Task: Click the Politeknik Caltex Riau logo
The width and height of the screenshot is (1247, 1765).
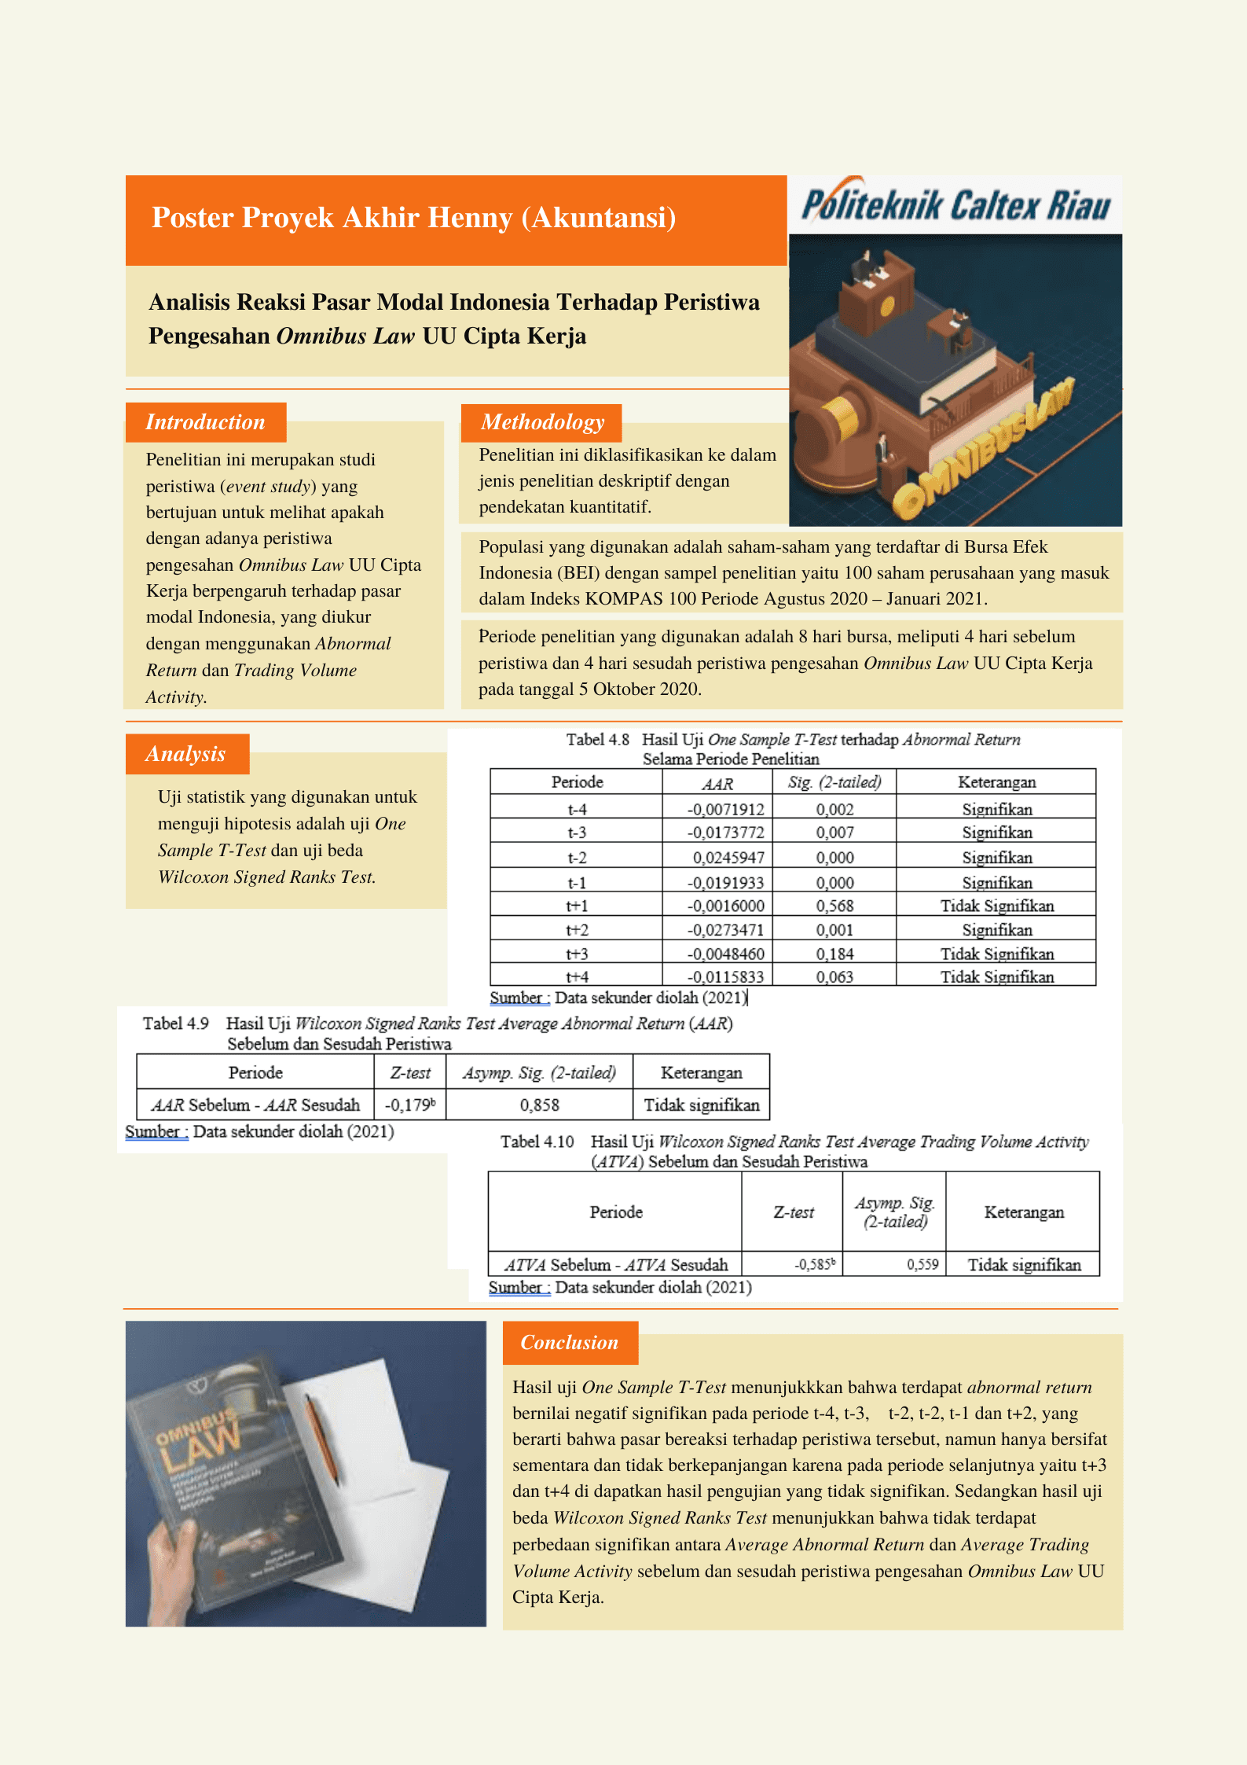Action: coord(955,205)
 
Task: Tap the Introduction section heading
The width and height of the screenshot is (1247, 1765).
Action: coord(205,422)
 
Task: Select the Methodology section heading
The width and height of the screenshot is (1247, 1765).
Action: coord(542,422)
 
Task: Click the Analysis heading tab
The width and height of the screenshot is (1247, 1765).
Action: coord(186,754)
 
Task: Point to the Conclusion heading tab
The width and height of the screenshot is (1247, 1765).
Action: coord(570,1342)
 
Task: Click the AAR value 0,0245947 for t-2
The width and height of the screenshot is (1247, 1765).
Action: coord(728,858)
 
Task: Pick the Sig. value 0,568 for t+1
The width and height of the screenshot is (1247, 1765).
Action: coord(834,906)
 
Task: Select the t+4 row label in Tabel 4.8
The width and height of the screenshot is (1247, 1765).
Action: coord(577,976)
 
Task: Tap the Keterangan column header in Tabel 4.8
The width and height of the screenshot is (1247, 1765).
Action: coord(996,782)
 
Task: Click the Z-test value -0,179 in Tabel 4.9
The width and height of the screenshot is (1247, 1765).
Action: coord(409,1105)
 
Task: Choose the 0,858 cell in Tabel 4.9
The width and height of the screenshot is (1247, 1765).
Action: coord(539,1105)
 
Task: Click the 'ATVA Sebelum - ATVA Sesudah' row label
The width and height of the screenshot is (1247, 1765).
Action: coord(615,1264)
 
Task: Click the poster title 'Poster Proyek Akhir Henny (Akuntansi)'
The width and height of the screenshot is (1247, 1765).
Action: coord(413,218)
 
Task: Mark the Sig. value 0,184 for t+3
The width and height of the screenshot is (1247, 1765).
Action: coord(834,954)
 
